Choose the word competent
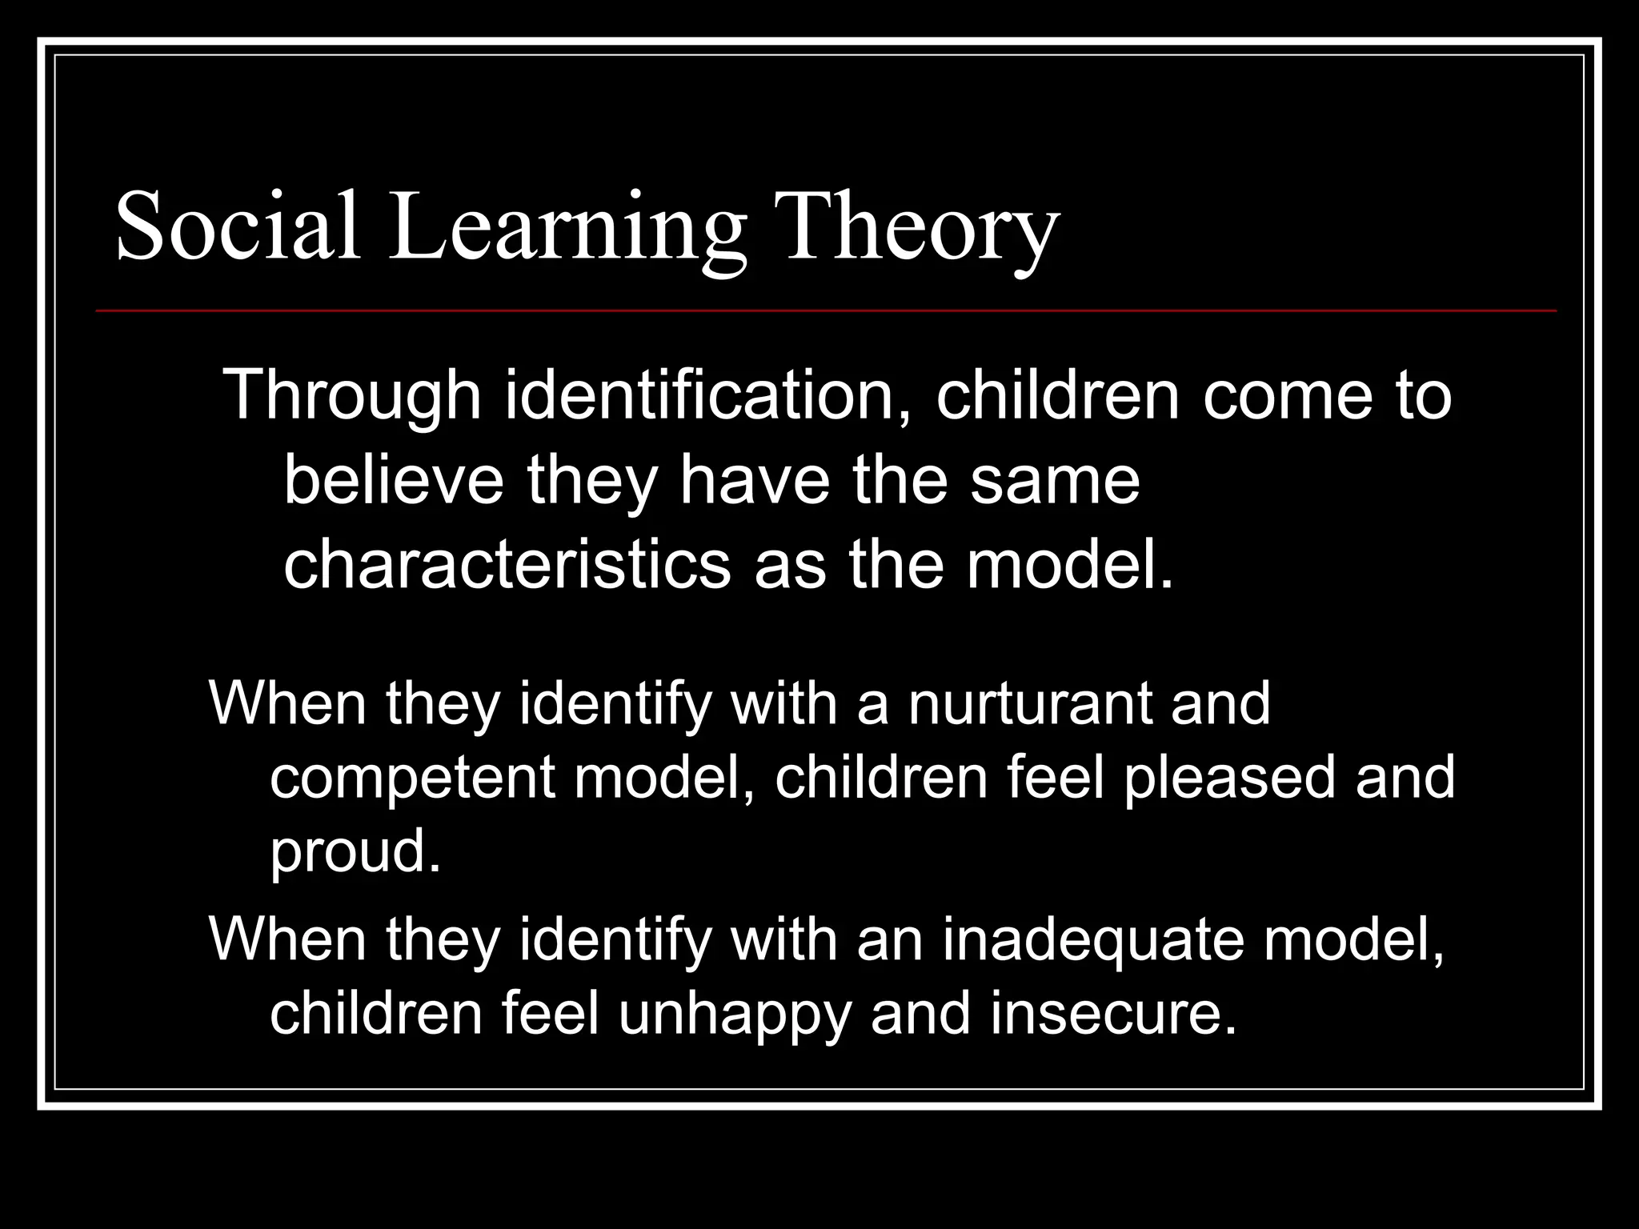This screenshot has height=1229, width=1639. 412,779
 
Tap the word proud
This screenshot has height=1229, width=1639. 355,853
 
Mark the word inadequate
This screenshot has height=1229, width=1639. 1093,939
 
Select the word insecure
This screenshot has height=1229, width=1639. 1113,1014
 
